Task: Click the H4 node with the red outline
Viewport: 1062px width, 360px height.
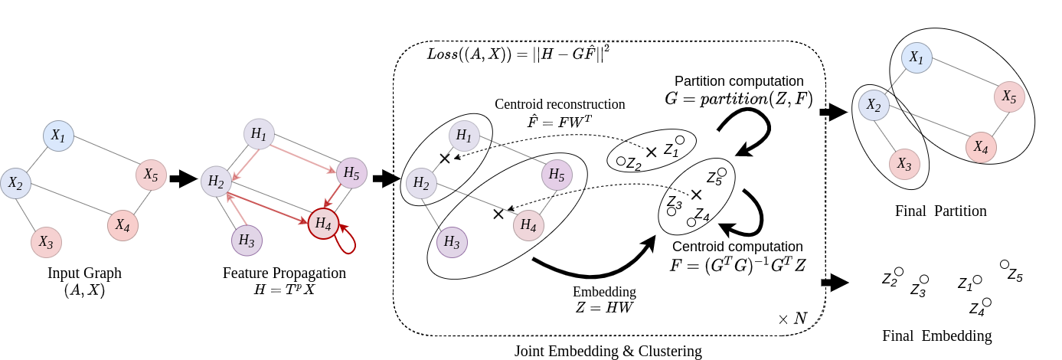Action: point(323,224)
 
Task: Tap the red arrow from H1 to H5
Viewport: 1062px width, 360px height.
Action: point(303,159)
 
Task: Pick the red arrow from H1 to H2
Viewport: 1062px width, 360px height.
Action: point(245,165)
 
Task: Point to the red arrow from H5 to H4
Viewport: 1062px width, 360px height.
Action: point(332,195)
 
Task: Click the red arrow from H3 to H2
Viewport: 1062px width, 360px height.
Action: point(236,208)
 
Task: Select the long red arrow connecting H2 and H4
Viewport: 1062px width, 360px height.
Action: point(267,208)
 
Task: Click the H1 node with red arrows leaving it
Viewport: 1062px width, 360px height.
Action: point(259,134)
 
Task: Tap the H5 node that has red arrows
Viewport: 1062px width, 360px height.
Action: point(351,173)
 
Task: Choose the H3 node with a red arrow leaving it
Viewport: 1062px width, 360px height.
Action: point(247,241)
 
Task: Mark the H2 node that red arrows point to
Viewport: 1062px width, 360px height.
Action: point(216,182)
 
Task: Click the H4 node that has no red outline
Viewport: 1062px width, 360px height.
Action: point(528,225)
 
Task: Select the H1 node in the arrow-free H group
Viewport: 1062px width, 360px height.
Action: point(464,136)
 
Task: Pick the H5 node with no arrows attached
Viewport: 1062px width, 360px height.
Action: point(557,175)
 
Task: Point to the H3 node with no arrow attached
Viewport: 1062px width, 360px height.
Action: point(452,243)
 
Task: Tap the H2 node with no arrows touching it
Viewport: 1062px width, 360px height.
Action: point(421,183)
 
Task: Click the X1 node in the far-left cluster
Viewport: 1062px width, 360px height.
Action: point(58,136)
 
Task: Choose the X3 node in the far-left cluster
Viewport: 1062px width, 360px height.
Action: point(46,243)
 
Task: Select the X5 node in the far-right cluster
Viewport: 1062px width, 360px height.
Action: point(1009,97)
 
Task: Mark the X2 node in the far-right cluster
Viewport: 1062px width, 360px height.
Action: point(874,106)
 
